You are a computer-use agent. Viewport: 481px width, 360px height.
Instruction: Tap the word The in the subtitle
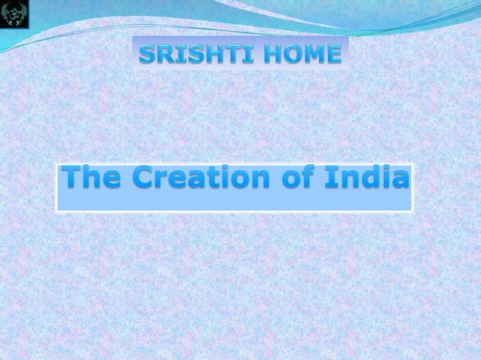click(x=89, y=180)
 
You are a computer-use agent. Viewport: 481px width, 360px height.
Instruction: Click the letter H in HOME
click(x=268, y=54)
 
